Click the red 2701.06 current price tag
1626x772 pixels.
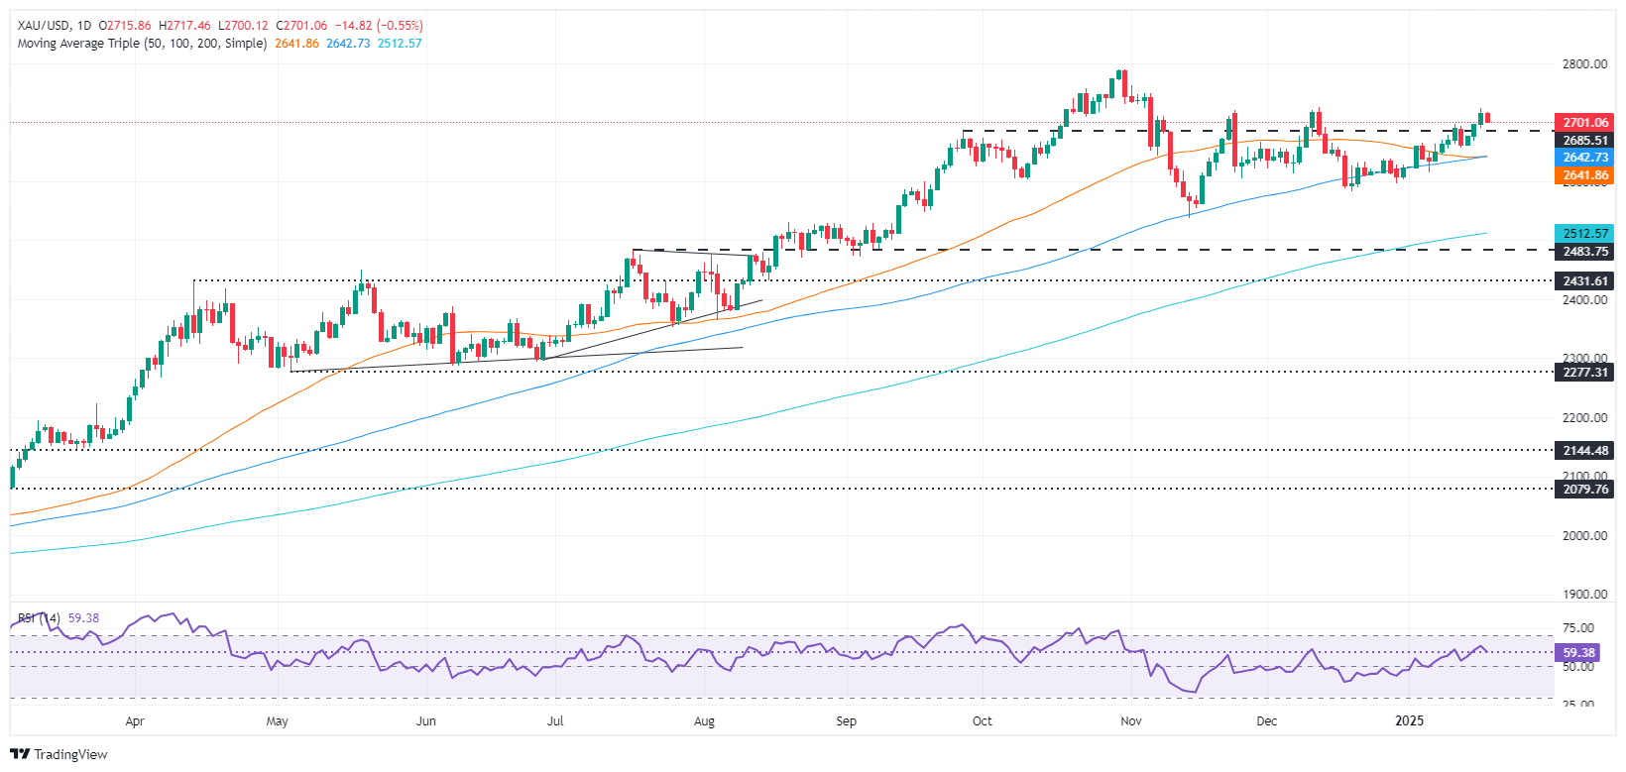click(1584, 123)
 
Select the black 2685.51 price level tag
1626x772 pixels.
click(1584, 141)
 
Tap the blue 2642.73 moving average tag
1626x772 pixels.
click(1584, 158)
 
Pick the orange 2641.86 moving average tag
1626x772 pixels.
click(1584, 175)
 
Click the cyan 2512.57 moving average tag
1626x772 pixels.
click(1584, 234)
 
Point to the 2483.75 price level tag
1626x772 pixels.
click(1584, 252)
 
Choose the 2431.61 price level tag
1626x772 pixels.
click(1584, 281)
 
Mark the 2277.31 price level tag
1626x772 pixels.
click(1584, 373)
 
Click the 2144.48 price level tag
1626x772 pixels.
click(1584, 451)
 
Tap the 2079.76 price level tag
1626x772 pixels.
click(1584, 489)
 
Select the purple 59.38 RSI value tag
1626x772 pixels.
click(1578, 653)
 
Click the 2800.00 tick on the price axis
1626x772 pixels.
click(1584, 64)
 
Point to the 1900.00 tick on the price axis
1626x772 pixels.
click(1584, 595)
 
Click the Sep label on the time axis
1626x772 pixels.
click(846, 721)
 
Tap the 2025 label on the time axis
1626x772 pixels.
click(1408, 720)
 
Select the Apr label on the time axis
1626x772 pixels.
click(135, 721)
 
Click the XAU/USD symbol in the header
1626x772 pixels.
click(44, 26)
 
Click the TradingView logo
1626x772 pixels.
click(59, 754)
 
